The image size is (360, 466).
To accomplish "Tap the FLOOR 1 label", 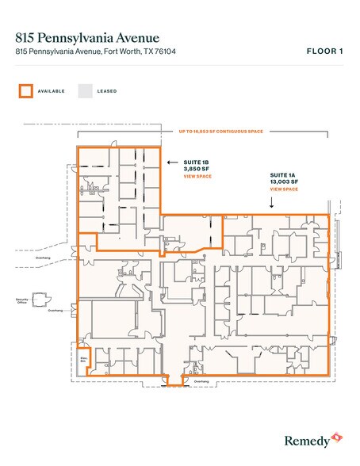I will point(325,52).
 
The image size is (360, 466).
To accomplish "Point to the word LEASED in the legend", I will point(107,91).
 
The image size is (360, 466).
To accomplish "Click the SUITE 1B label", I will point(195,162).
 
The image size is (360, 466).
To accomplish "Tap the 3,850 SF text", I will point(195,169).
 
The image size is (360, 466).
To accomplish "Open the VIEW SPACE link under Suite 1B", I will point(197,177).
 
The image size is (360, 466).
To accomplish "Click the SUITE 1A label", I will point(281,174).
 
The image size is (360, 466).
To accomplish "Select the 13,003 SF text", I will point(283,181).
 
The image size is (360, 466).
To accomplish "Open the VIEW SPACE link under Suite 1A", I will point(284,189).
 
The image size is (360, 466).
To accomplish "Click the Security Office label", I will point(22,301).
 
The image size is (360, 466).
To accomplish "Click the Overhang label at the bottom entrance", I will point(201,380).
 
